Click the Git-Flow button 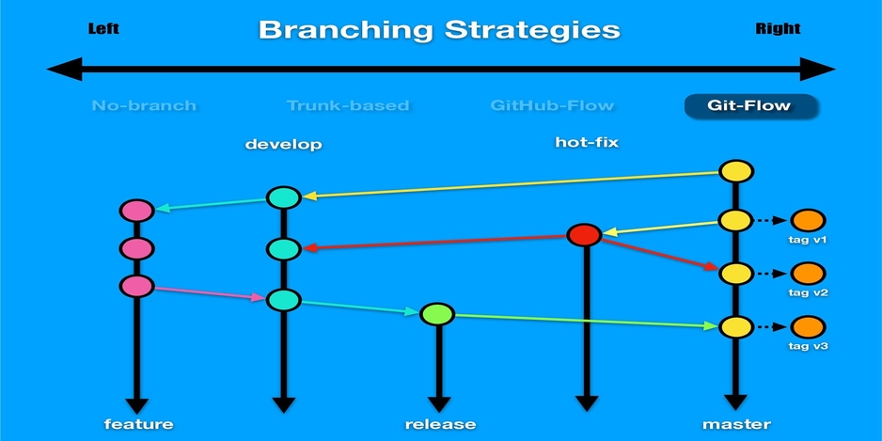click(x=750, y=105)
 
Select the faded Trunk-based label click(x=348, y=105)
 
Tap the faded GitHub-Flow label click(x=553, y=105)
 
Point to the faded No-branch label click(x=144, y=105)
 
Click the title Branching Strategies click(x=439, y=29)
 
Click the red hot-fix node click(x=585, y=235)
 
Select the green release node click(x=437, y=314)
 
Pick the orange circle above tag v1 click(x=809, y=220)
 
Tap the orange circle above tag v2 click(x=809, y=274)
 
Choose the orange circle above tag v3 click(x=809, y=327)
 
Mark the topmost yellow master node click(x=736, y=172)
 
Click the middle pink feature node click(x=137, y=249)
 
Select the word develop click(x=283, y=145)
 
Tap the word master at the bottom click(x=736, y=424)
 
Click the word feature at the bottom click(x=138, y=424)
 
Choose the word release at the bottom click(x=440, y=424)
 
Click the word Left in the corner click(x=103, y=28)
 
